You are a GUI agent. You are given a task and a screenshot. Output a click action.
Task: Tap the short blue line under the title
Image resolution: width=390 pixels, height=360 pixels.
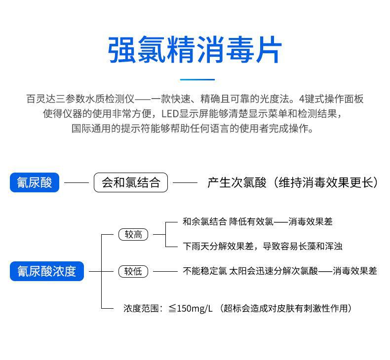pos(197,79)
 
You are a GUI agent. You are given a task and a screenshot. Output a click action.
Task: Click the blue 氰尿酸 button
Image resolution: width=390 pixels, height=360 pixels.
pos(35,183)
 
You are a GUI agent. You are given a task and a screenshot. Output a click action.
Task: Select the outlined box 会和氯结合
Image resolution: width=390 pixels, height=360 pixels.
pos(131,183)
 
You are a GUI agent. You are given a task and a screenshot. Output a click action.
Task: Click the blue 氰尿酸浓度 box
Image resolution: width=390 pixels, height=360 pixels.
pos(47,271)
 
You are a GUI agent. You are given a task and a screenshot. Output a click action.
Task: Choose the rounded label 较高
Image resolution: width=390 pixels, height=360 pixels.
pos(133,235)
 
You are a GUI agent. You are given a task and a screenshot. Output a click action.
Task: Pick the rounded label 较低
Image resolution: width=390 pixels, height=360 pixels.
pos(133,271)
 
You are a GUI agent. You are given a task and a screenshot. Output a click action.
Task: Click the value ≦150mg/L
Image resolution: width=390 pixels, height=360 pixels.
pos(191,309)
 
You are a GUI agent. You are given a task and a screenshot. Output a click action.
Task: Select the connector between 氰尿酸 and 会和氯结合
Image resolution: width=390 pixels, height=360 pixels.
pos(77,183)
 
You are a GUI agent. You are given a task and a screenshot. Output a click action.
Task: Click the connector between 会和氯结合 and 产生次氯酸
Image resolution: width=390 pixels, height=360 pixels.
pos(185,183)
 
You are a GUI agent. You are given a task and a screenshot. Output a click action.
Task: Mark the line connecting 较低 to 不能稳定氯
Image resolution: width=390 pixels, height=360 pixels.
pos(165,271)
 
